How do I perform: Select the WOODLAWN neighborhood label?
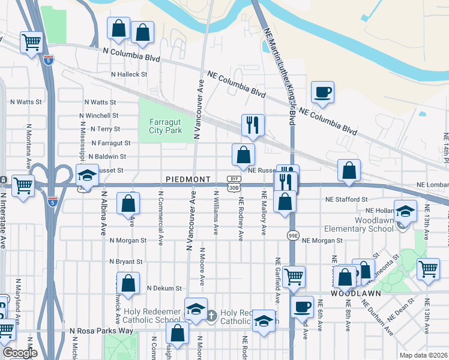[x=355, y=295]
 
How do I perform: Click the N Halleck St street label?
[x=128, y=74]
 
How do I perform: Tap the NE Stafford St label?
[x=346, y=199]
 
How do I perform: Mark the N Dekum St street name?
[x=164, y=288]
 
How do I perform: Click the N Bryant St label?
[x=125, y=262]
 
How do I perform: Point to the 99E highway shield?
[x=292, y=235]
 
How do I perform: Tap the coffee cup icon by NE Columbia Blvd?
[x=322, y=92]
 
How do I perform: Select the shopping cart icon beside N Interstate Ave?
[x=23, y=185]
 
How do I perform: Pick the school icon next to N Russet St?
[x=87, y=175]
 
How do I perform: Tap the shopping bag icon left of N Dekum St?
[x=128, y=283]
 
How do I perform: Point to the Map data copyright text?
[x=423, y=355]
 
